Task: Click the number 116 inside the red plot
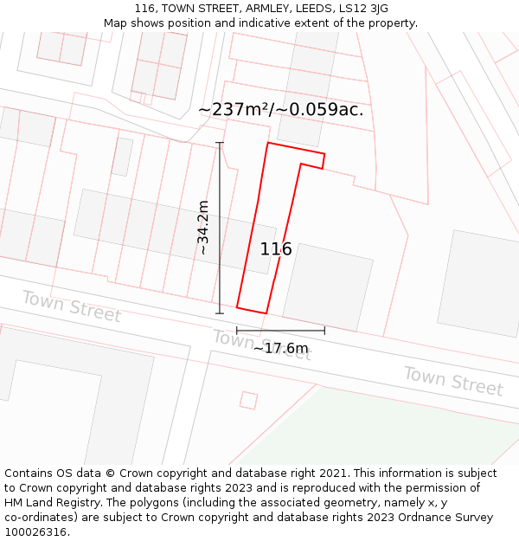[x=276, y=249]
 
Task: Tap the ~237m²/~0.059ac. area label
[x=281, y=110]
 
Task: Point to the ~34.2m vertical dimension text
[x=203, y=227]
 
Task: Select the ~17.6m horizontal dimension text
[x=280, y=348]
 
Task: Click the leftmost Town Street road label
[x=71, y=306]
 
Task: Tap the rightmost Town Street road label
[x=452, y=381]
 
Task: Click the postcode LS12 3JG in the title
[x=358, y=9]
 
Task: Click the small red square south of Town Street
[x=248, y=400]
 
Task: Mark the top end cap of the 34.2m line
[x=220, y=143]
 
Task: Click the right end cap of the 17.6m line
[x=324, y=330]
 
